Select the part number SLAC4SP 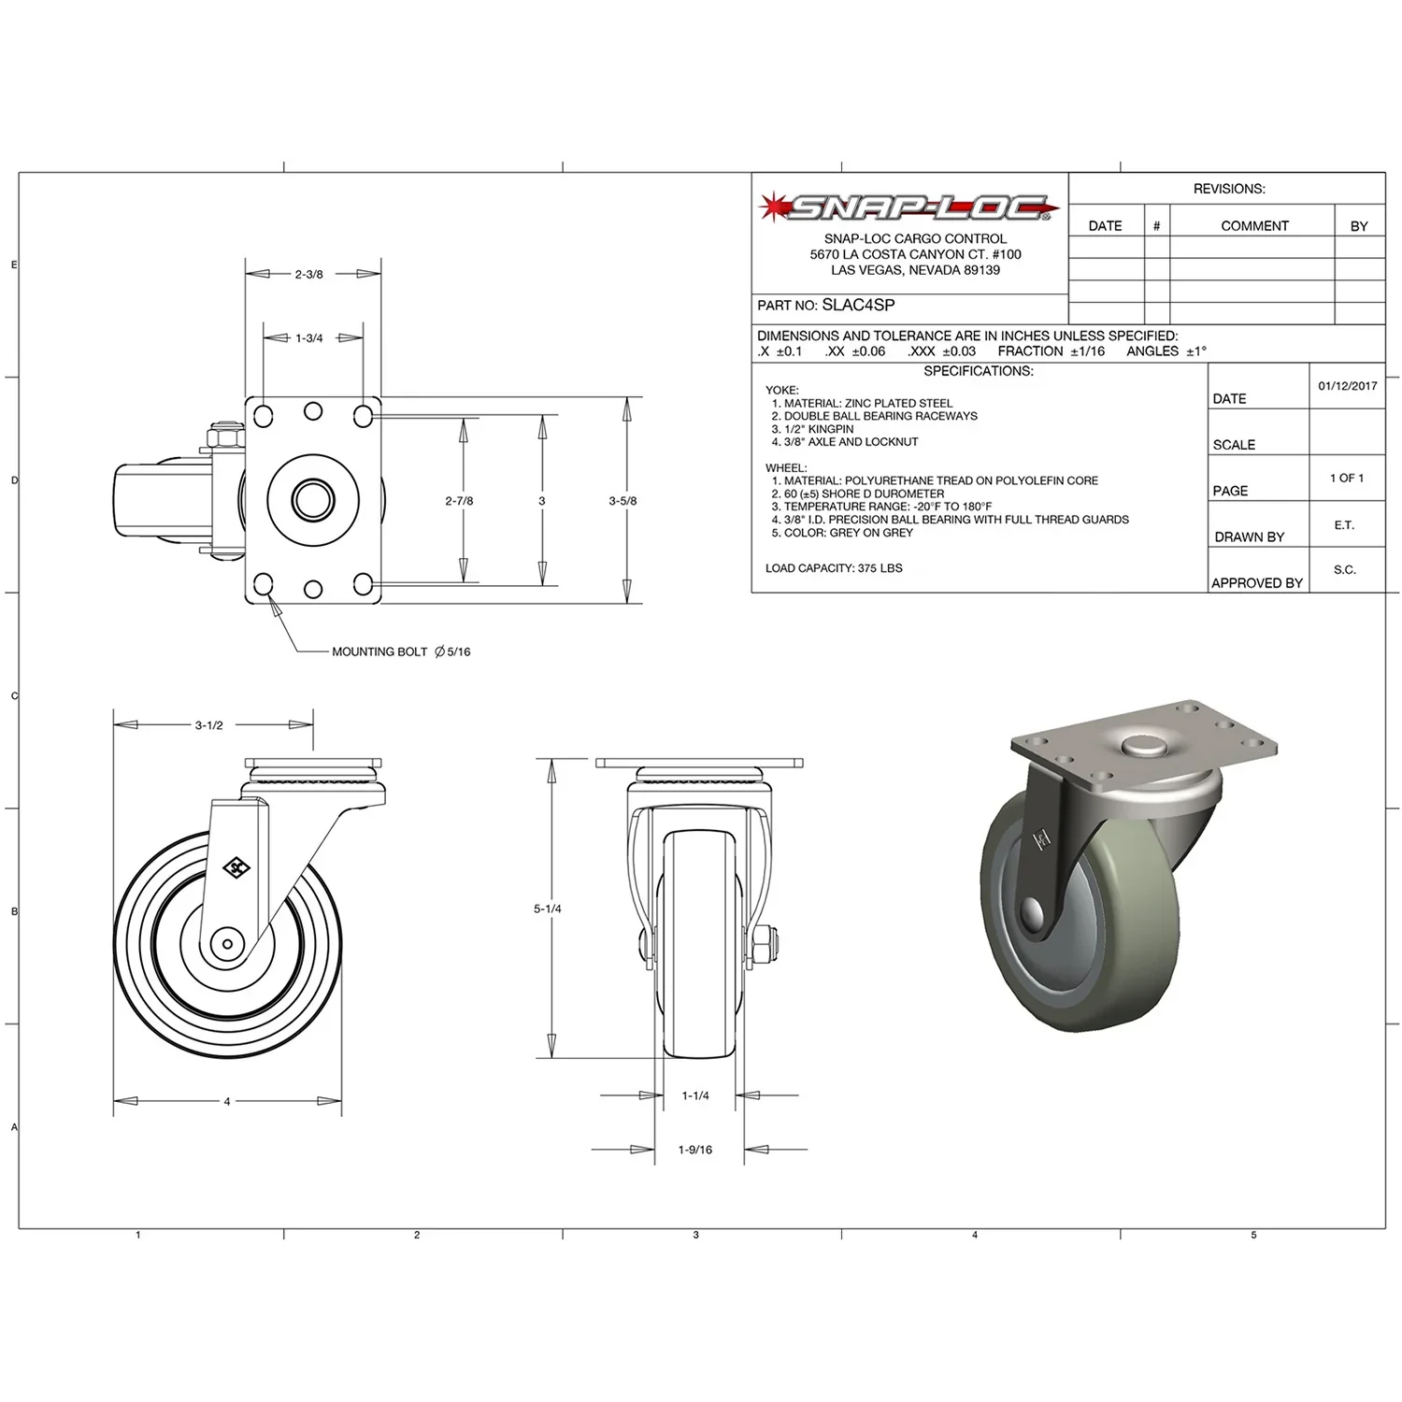[x=858, y=305]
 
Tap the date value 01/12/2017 [x=1347, y=386]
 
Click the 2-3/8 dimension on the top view [x=309, y=275]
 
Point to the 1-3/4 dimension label [x=309, y=338]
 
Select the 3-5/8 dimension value [x=622, y=501]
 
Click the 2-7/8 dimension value [x=459, y=501]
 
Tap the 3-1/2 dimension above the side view [x=209, y=725]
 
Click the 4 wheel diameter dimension [x=227, y=1102]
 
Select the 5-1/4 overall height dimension [x=548, y=908]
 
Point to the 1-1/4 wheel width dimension [x=695, y=1095]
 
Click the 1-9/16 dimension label [x=695, y=1150]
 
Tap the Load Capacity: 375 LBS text [x=834, y=568]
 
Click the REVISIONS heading [x=1228, y=189]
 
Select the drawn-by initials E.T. [x=1344, y=525]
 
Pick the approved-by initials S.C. [x=1344, y=570]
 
